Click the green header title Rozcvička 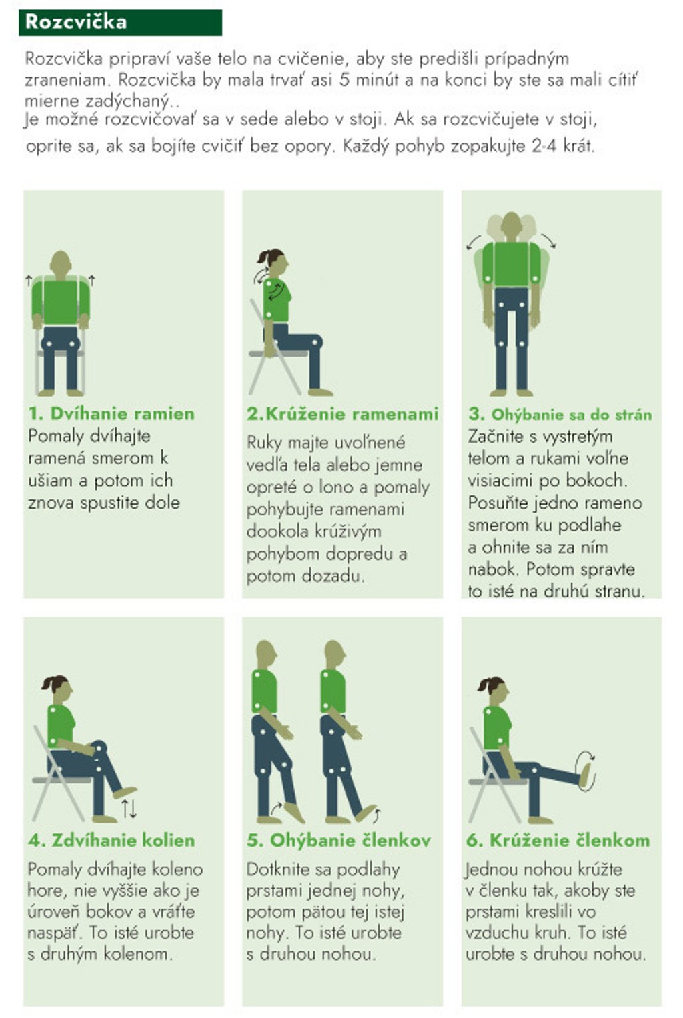click(76, 22)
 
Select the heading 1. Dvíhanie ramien click(111, 413)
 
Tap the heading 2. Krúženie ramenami click(342, 413)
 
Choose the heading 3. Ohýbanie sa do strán click(560, 415)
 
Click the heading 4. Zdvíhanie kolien click(111, 840)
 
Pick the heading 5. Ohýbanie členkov click(338, 840)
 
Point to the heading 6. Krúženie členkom click(558, 840)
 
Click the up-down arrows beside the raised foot click(129, 809)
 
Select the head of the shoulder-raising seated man click(61, 262)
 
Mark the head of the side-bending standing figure click(511, 226)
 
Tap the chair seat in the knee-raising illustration click(62, 780)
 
